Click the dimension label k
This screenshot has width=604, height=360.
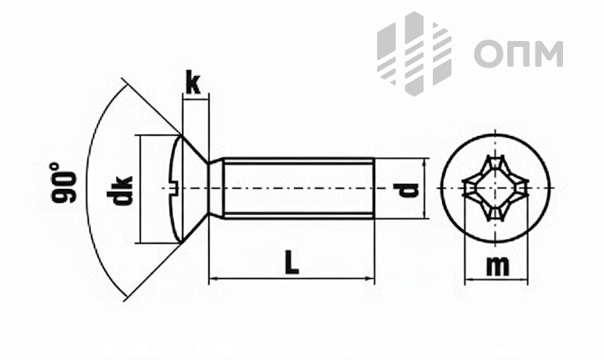193,83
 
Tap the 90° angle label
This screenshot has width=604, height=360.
64,182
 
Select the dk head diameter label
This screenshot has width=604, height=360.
120,190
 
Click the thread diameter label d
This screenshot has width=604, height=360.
408,189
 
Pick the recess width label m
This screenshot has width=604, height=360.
497,265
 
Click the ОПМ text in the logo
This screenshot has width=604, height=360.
518,54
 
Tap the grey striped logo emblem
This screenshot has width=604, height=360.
414,54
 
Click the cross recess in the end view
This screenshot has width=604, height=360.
495,188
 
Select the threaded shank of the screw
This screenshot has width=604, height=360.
298,188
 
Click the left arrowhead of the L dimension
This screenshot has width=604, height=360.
212,280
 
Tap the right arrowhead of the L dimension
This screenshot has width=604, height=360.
370,280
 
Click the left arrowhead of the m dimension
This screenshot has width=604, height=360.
468,282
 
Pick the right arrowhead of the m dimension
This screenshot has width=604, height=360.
524,282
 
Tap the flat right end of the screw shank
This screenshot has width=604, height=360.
373,188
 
